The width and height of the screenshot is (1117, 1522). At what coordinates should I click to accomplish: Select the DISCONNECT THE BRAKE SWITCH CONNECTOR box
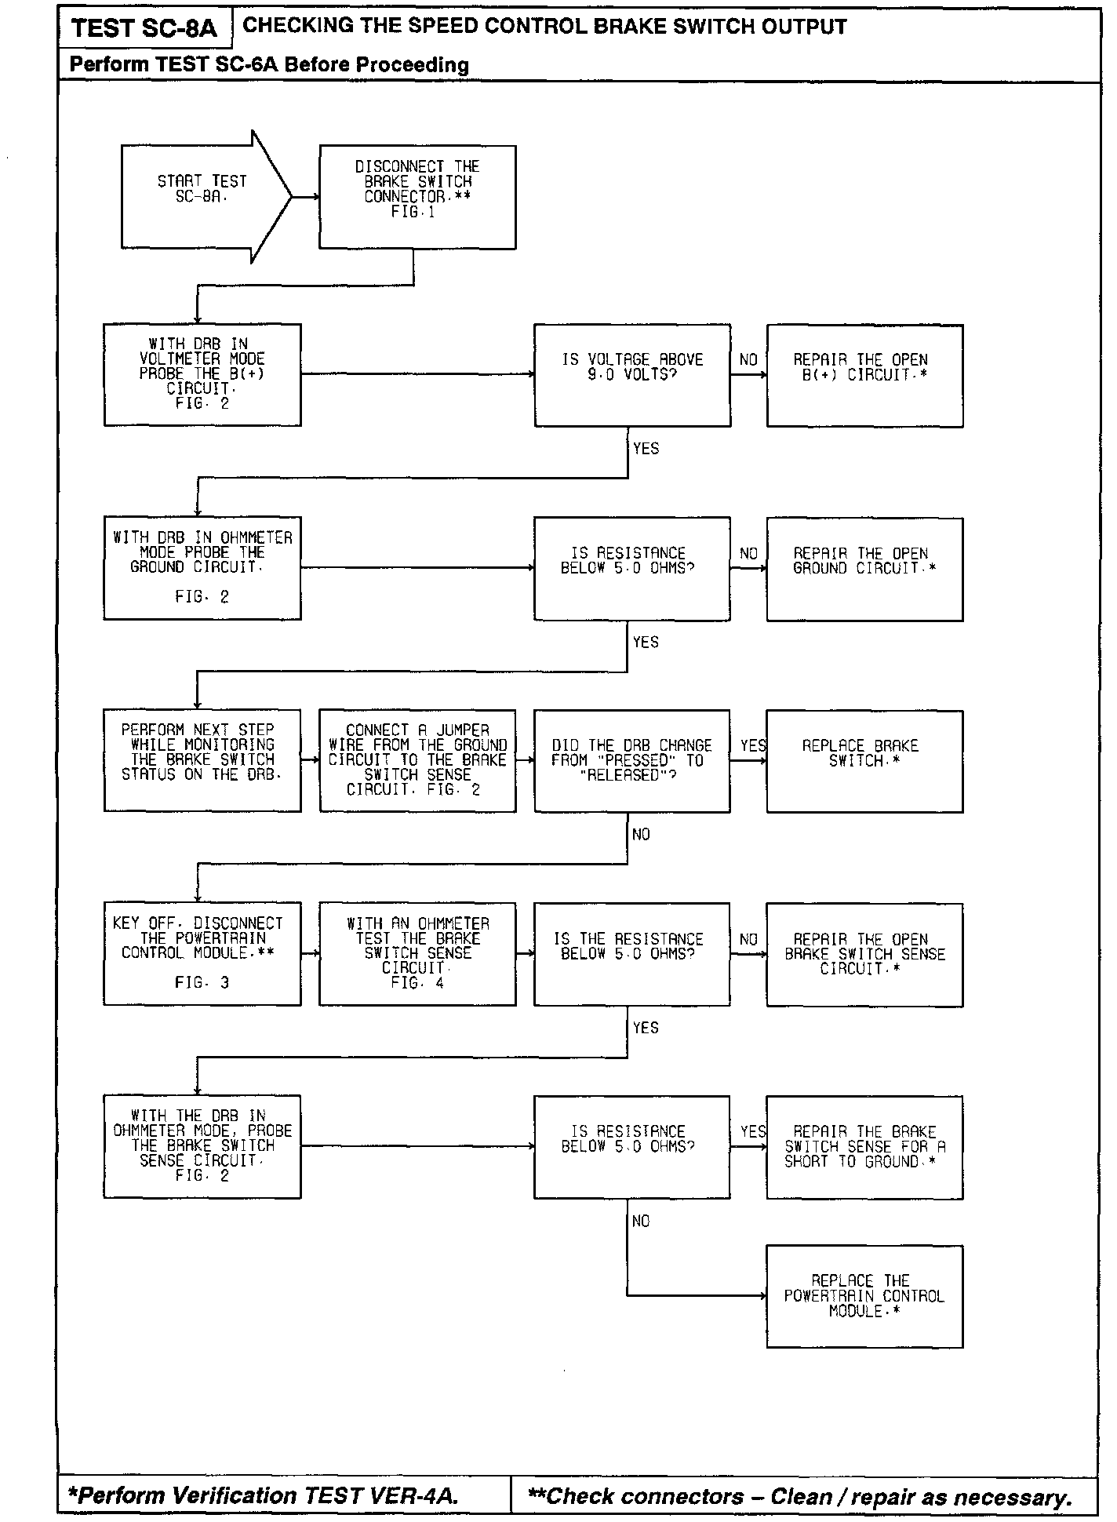[x=417, y=197]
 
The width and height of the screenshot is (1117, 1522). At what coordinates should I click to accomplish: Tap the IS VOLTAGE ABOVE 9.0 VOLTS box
[x=632, y=375]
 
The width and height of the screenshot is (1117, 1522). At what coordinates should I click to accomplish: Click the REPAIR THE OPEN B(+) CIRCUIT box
[x=864, y=375]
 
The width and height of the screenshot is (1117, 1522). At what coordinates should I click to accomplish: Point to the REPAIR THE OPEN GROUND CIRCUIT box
[x=864, y=569]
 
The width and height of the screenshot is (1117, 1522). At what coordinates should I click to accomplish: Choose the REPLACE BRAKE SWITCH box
[x=864, y=761]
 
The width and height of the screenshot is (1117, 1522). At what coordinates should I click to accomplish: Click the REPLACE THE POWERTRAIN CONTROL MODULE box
[x=864, y=1296]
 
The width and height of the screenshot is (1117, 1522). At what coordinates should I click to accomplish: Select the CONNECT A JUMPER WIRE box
[x=417, y=761]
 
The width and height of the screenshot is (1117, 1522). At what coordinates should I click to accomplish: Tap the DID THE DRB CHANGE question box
[x=632, y=761]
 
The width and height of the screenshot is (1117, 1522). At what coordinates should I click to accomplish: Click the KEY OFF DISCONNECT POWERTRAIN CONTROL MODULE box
[x=202, y=954]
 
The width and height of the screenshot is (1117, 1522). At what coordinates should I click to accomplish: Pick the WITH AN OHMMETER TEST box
[x=417, y=954]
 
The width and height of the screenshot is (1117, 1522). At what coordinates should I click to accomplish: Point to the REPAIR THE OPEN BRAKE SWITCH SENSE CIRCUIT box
[x=864, y=954]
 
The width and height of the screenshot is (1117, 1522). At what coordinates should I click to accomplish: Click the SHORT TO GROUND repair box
[x=864, y=1147]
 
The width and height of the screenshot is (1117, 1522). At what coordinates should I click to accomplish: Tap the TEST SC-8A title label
[x=144, y=29]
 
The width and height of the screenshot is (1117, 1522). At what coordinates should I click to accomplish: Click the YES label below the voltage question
[x=646, y=449]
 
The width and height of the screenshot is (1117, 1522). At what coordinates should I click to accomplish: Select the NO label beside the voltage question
[x=748, y=359]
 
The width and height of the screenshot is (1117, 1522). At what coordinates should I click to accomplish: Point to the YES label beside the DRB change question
[x=753, y=745]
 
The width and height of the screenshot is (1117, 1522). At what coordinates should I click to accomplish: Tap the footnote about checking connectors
[x=800, y=1497]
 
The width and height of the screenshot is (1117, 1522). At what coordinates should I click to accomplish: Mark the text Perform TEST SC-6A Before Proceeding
[x=269, y=65]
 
